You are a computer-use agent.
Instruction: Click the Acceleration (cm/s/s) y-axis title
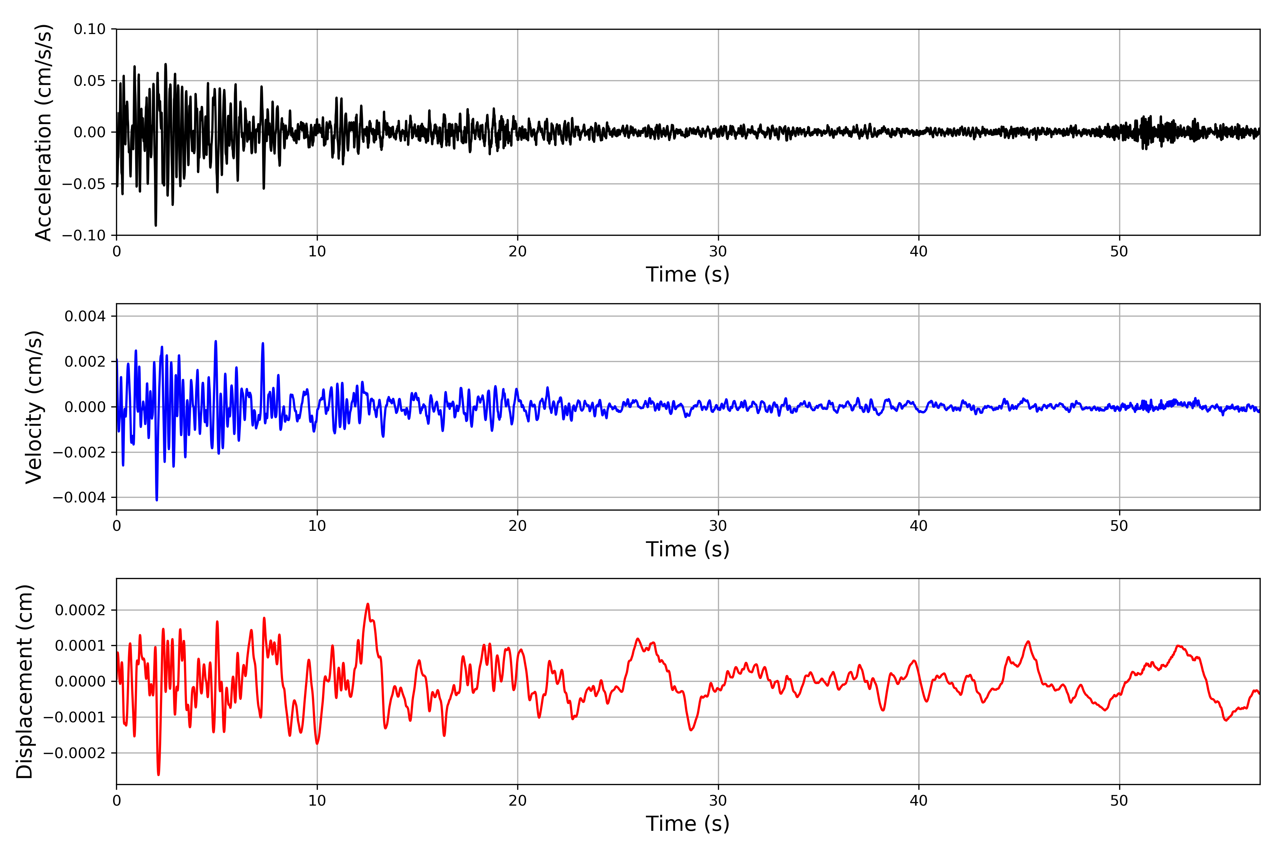coord(43,132)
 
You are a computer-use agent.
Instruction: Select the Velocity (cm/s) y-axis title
coord(34,407)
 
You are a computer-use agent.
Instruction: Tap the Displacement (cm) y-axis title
coord(25,682)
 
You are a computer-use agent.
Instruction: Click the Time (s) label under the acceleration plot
coord(687,274)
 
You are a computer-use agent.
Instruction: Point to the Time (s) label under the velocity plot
coord(687,549)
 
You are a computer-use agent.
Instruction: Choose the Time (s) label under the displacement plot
coord(687,824)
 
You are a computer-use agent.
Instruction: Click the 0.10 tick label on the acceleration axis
coord(90,29)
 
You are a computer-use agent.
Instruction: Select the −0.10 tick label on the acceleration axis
coord(84,235)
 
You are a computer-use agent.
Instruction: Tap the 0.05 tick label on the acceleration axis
coord(90,81)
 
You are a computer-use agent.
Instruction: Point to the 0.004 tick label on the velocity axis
coord(85,316)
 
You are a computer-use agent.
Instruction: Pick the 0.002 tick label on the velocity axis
coord(85,361)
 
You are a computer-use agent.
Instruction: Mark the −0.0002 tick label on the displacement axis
coord(74,753)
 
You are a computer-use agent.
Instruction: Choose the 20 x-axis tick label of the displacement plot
coord(518,801)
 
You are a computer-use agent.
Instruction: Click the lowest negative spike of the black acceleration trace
coord(156,225)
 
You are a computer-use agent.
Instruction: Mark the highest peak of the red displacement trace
coord(367,604)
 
